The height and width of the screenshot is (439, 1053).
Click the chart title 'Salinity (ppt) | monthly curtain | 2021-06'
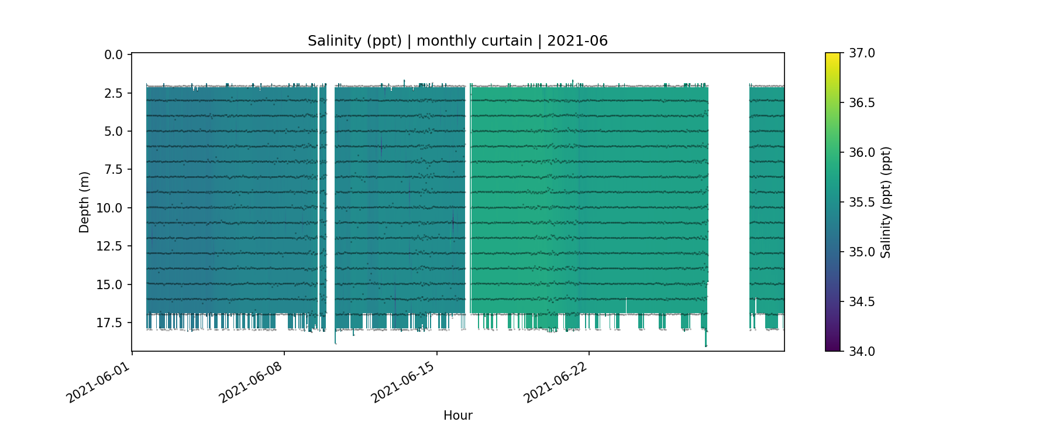[x=457, y=41]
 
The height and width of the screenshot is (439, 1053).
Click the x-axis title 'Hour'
[x=457, y=416]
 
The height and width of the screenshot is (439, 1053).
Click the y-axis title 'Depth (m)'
[x=84, y=202]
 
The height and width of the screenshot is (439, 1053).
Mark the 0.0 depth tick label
[x=113, y=55]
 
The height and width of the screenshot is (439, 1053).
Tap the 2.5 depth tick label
[x=113, y=93]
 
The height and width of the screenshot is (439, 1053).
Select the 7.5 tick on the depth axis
[x=113, y=170]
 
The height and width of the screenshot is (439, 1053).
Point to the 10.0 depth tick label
[x=110, y=208]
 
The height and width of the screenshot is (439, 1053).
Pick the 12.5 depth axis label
[x=110, y=246]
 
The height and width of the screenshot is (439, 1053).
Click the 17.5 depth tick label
[x=110, y=323]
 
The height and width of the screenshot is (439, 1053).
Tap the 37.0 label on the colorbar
[x=862, y=53]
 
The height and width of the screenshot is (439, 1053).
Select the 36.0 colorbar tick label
[x=862, y=153]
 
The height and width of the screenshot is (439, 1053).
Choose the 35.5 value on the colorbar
[x=862, y=203]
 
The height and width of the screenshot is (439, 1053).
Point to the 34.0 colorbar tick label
[x=862, y=351]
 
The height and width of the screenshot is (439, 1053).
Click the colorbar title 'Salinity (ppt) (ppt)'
[x=886, y=202]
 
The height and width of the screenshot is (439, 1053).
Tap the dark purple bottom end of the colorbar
[x=832, y=348]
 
